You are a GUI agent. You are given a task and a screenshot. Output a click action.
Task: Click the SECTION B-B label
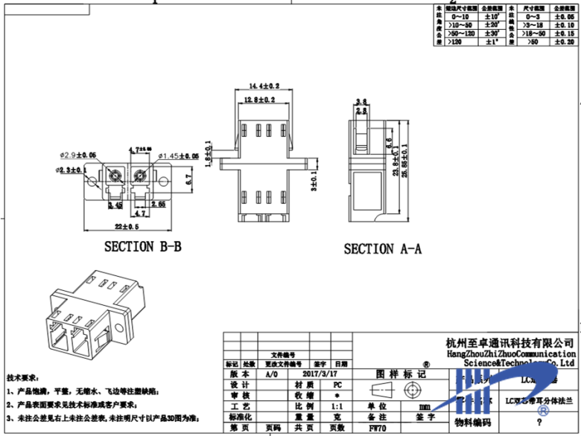click(142, 246)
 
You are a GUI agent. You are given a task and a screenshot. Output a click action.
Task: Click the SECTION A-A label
click(382, 249)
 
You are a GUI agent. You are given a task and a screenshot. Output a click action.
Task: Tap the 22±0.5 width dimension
click(127, 226)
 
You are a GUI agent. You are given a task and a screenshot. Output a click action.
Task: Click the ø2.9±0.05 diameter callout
click(78, 156)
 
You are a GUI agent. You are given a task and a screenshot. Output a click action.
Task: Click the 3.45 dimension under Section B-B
click(116, 202)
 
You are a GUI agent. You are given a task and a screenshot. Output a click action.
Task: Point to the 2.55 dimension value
click(158, 202)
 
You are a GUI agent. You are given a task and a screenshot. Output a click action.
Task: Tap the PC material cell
click(337, 385)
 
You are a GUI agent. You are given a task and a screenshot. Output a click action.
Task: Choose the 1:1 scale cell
click(337, 407)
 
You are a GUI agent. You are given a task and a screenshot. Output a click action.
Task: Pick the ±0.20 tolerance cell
click(565, 42)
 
